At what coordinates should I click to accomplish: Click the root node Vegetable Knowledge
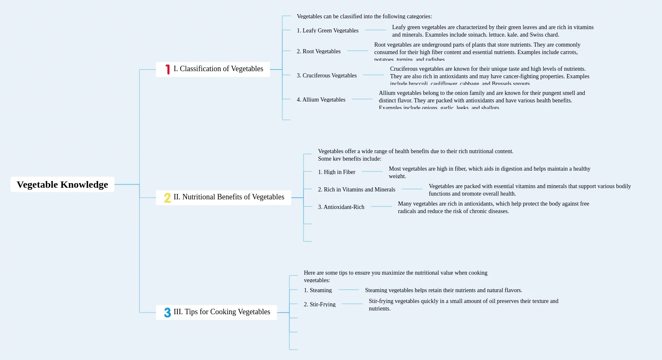click(62, 184)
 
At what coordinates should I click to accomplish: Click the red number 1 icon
click(167, 70)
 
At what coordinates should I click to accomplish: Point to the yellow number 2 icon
click(167, 198)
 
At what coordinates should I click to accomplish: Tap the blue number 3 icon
click(167, 313)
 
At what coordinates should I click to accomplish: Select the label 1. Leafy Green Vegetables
click(327, 30)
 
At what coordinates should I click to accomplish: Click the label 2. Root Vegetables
click(319, 51)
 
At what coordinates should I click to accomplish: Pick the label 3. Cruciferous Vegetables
click(326, 75)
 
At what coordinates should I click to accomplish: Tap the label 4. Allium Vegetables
click(321, 99)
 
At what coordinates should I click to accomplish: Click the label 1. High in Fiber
click(336, 172)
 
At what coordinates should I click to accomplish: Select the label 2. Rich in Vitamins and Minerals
click(356, 189)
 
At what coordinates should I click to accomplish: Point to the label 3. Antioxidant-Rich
click(341, 207)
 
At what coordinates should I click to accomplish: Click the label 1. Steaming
click(318, 290)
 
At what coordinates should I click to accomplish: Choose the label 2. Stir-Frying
click(319, 304)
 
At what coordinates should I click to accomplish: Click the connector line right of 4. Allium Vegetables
click(362, 99)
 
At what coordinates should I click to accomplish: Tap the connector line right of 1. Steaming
click(348, 290)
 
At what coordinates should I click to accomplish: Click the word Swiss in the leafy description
click(536, 35)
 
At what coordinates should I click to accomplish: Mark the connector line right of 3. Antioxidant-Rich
click(381, 206)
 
